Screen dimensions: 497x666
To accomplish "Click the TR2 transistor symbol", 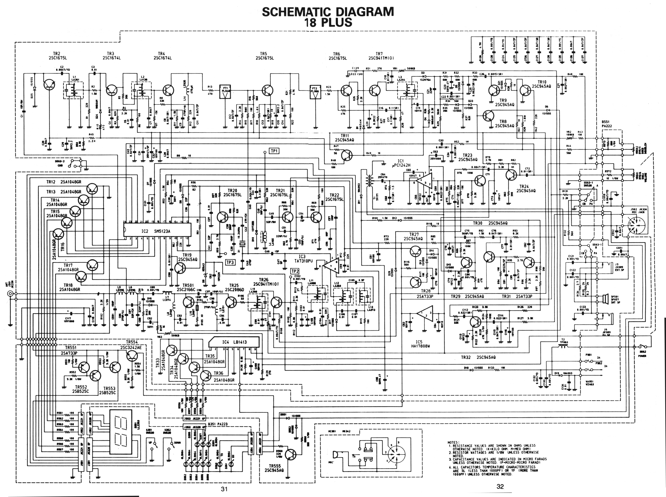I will (49, 85).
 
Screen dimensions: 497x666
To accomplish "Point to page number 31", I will (224, 489).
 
